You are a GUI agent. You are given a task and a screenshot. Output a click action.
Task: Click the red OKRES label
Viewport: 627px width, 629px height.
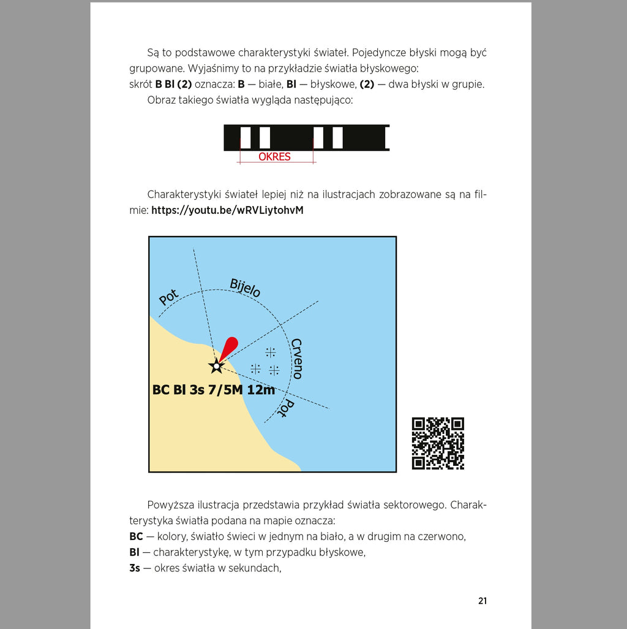coord(274,157)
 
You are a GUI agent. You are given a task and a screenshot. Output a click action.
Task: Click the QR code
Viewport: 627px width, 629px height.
coord(438,443)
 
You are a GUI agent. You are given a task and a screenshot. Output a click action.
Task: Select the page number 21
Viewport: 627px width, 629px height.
coord(482,601)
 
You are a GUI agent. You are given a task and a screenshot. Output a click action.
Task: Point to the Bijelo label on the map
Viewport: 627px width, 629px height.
coord(245,288)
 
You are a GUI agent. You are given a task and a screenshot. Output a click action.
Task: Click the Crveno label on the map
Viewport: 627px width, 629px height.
coord(297,359)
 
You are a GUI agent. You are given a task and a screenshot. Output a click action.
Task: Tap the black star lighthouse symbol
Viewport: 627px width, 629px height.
coord(216,366)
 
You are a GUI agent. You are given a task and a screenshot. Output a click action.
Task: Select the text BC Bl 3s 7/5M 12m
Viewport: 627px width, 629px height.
coord(213,390)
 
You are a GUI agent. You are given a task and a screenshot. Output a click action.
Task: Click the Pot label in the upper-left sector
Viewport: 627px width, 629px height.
coord(168,297)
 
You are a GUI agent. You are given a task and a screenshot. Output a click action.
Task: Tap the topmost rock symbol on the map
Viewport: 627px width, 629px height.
coord(270,352)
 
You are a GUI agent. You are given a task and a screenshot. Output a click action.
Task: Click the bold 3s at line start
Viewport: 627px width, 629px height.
coord(135,568)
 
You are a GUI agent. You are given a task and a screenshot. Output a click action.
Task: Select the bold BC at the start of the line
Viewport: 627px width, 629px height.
coord(136,536)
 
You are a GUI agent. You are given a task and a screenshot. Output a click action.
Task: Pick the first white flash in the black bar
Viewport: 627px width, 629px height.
coord(246,137)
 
